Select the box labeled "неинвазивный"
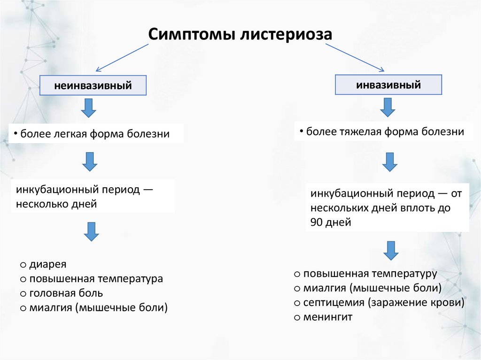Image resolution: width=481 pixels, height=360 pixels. point(93,86)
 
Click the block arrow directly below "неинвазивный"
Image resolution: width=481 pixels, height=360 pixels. point(88,108)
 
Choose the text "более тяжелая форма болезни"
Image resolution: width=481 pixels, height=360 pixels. point(385,132)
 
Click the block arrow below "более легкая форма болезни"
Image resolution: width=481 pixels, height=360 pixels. point(90,161)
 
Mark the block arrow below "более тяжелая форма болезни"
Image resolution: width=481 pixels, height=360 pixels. point(389,162)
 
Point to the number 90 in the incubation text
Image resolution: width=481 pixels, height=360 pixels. point(317,222)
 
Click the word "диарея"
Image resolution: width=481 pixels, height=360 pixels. point(48,264)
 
